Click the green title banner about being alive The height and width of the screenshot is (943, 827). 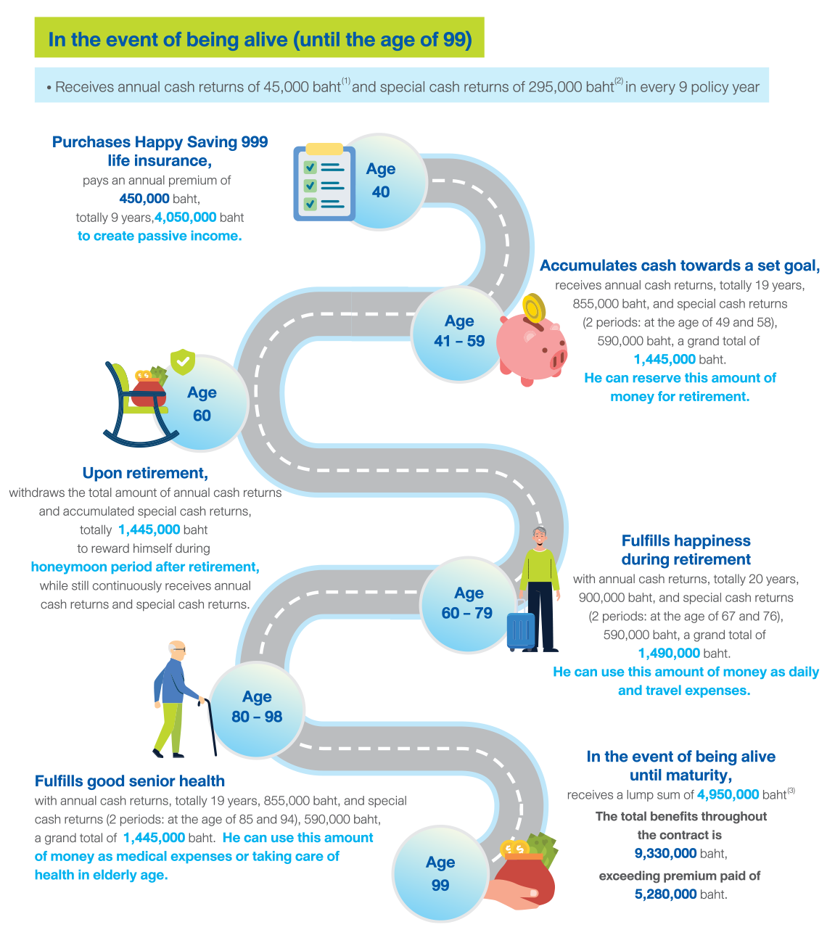[x=259, y=38]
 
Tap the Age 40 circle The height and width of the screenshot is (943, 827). [x=380, y=181]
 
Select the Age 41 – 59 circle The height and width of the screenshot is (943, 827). [x=458, y=332]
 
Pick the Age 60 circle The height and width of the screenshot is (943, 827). [x=202, y=404]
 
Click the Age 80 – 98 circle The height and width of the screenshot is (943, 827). [x=257, y=707]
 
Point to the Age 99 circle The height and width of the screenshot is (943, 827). [x=440, y=874]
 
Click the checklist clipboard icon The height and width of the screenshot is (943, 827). [x=324, y=182]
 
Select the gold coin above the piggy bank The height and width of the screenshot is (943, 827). [x=534, y=308]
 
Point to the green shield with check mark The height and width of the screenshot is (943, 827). [x=182, y=361]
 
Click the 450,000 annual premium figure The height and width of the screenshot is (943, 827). [x=144, y=199]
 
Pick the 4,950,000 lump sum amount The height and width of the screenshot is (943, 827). [x=728, y=795]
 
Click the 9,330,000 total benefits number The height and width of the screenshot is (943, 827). [x=665, y=854]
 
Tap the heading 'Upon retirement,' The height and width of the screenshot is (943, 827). [x=145, y=474]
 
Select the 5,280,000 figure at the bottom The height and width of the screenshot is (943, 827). [x=665, y=894]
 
